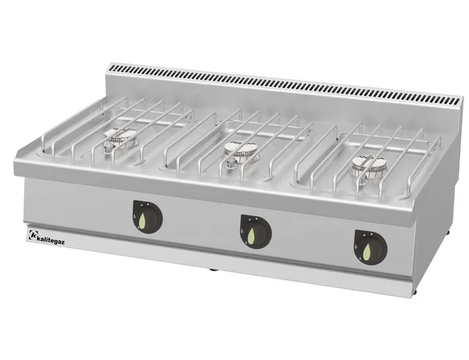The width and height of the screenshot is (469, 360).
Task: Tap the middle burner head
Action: coord(241,151)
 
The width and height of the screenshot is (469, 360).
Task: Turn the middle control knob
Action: coord(256,231)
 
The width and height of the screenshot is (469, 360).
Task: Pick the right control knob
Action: coord(371,247)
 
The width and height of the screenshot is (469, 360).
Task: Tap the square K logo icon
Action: coord(32,234)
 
